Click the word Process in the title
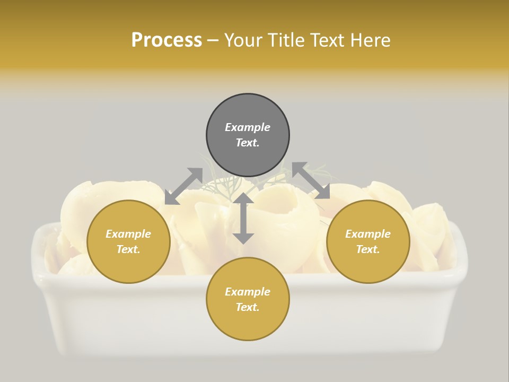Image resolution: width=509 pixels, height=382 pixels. coord(166,40)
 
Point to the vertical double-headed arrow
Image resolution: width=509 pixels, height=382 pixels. coord(243,218)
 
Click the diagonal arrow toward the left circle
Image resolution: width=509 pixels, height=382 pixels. coord(183,186)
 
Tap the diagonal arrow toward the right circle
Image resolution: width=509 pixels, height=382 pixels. coord(311,181)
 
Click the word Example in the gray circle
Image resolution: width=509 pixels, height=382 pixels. coord(248,127)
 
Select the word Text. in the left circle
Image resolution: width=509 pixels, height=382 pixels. coord(128,249)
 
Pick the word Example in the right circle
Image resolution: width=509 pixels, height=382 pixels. coord(368,234)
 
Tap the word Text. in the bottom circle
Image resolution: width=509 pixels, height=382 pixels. coord(248,307)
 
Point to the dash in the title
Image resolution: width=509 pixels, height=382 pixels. coord(213,40)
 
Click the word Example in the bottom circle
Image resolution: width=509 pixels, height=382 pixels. coord(248,292)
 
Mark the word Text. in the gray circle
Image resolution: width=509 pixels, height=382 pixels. coord(248,143)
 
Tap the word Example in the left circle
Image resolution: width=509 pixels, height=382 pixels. coord(128,234)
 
